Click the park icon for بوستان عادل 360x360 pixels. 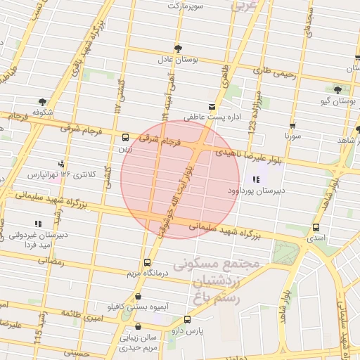tap(177, 49)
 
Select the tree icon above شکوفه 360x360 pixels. tap(43, 101)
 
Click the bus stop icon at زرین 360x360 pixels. tap(125, 138)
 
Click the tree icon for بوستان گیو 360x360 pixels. tap(337, 90)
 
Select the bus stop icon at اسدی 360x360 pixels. tap(316, 228)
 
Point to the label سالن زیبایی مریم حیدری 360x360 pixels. tap(139, 342)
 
